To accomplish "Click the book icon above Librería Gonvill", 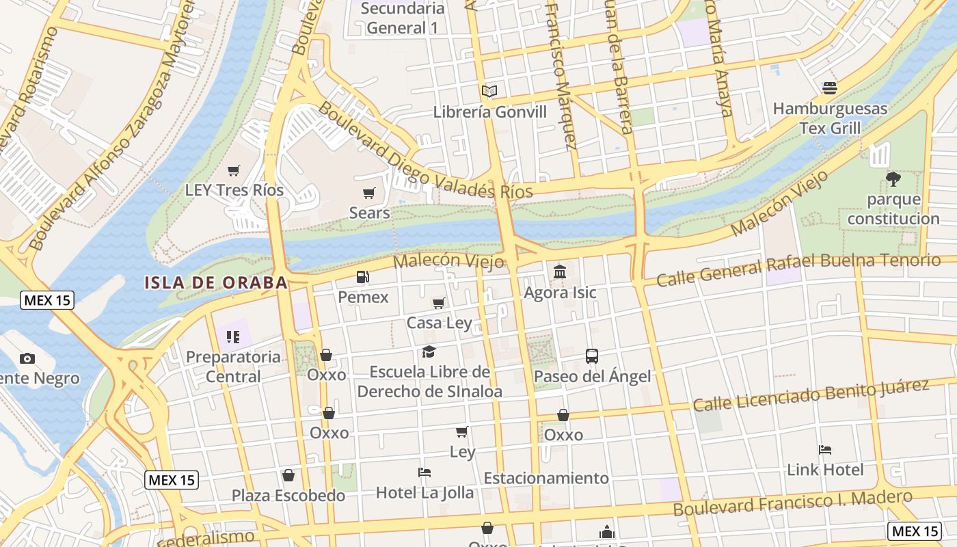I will (489, 91).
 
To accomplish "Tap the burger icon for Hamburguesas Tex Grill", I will (830, 88).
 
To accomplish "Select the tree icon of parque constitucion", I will (893, 179).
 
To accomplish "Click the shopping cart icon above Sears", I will (369, 193).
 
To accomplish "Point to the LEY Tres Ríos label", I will (234, 190).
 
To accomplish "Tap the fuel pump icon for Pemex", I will (363, 277).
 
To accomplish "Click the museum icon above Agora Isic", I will (560, 272).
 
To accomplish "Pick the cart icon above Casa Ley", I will (439, 303).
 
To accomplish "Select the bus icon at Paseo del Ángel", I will (592, 356).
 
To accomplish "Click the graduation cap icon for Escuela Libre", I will (429, 351).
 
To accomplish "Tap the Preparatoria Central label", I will (233, 366).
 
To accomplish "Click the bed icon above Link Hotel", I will (825, 450).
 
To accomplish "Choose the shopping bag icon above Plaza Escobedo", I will (288, 475).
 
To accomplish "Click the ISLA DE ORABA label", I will (215, 282).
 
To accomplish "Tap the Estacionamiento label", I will (545, 478).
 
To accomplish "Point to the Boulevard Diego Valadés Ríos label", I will (425, 152).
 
